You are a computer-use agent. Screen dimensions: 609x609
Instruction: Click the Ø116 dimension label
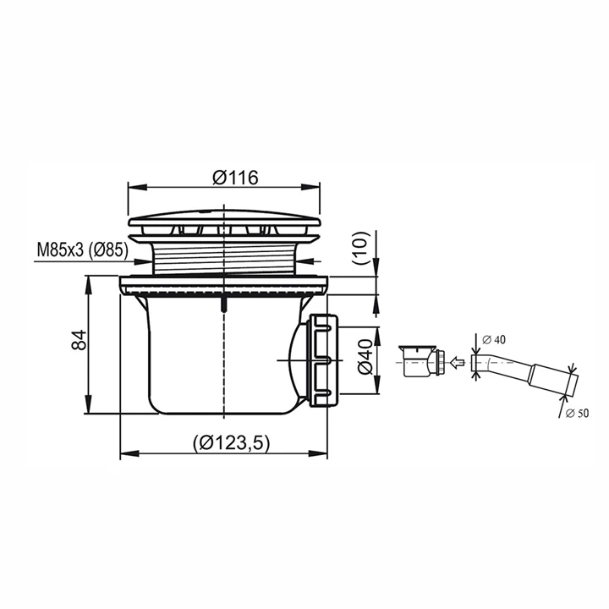coord(235,178)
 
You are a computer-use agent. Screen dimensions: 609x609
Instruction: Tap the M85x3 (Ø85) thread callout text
coord(82,250)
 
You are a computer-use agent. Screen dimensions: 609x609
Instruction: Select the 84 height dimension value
coord(80,340)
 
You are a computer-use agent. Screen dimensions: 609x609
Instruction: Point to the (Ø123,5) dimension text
coord(231,442)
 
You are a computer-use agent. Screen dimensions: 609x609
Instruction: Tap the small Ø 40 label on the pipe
coord(494,340)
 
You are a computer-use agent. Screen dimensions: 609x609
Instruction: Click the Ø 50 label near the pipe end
coord(578,414)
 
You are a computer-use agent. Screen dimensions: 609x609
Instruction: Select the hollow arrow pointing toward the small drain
coord(457,363)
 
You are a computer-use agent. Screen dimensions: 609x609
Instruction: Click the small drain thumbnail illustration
coord(423,361)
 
